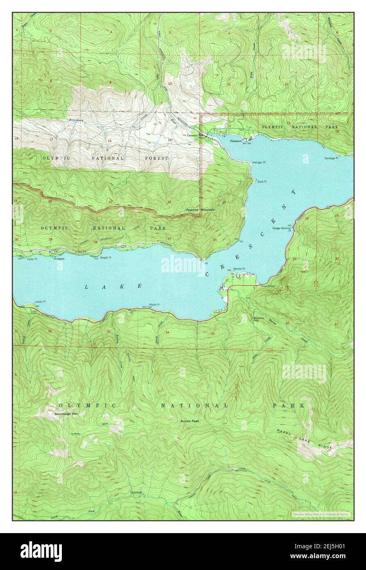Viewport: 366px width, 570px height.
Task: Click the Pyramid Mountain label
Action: click(x=200, y=210)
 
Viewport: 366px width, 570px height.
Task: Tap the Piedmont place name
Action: click(x=236, y=141)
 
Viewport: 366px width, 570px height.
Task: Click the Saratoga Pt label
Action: click(x=331, y=157)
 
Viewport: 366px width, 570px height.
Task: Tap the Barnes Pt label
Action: click(x=239, y=269)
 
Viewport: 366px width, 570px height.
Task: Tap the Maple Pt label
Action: click(x=154, y=304)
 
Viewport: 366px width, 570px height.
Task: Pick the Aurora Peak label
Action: click(x=189, y=421)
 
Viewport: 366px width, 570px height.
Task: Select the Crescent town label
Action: click(x=192, y=135)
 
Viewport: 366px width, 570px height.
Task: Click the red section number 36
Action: click(x=287, y=324)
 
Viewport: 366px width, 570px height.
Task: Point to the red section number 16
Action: click(x=109, y=141)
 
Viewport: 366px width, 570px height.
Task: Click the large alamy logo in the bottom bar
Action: click(x=41, y=551)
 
